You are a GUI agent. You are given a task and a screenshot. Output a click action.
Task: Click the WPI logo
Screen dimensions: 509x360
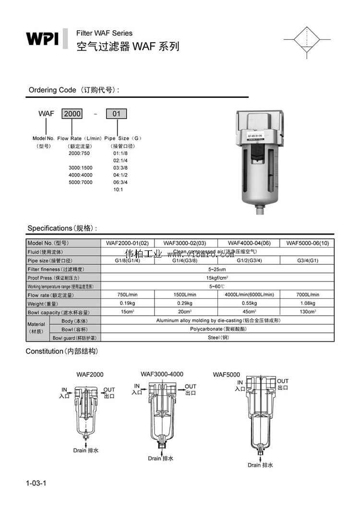(x=42, y=38)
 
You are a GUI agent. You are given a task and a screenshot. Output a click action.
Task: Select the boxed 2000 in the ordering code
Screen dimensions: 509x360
(x=72, y=114)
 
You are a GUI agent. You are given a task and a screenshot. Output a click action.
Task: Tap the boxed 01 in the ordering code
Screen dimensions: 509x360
(x=117, y=114)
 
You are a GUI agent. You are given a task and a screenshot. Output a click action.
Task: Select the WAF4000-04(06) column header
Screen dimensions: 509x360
(x=248, y=243)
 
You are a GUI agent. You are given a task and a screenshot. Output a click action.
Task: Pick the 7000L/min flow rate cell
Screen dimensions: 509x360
(x=308, y=295)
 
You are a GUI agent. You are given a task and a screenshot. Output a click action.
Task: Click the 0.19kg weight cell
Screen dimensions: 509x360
(x=129, y=303)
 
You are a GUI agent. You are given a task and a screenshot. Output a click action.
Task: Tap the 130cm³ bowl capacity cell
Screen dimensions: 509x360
(x=308, y=312)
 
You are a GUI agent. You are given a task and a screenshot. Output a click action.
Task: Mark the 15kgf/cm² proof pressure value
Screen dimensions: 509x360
(x=217, y=278)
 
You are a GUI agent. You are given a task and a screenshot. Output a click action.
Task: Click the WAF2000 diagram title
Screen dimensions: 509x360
(x=90, y=375)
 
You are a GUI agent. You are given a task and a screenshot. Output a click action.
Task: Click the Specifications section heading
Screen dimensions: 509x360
(x=62, y=228)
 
